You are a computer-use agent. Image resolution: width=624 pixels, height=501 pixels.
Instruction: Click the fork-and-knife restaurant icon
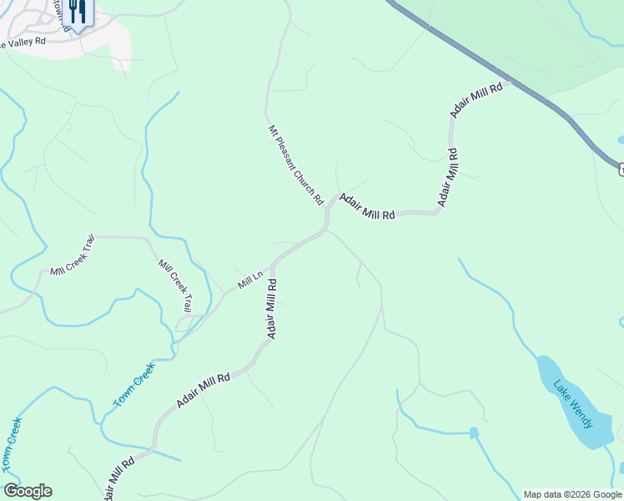(x=77, y=12)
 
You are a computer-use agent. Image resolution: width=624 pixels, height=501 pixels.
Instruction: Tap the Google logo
(x=28, y=491)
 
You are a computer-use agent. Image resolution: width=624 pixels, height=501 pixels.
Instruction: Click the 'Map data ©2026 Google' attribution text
(x=572, y=494)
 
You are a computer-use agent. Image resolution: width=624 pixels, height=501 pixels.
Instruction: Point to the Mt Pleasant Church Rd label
(x=295, y=164)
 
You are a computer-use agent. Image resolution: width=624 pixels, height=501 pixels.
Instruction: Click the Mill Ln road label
(x=250, y=280)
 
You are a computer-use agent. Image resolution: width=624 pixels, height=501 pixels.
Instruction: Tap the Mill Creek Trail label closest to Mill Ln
(x=175, y=286)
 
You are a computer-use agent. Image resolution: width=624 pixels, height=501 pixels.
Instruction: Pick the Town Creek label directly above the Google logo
(x=11, y=443)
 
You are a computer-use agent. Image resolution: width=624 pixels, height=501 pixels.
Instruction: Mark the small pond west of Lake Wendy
(x=474, y=433)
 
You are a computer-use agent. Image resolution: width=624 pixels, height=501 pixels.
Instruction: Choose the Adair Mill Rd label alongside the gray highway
(x=476, y=99)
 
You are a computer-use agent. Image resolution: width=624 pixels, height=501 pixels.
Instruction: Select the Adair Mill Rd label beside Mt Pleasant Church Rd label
(x=366, y=207)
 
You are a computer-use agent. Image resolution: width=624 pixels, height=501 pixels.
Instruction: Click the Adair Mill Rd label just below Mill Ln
(x=271, y=309)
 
